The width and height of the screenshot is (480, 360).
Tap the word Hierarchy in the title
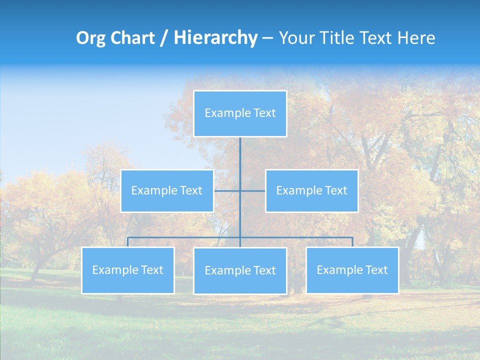(x=215, y=38)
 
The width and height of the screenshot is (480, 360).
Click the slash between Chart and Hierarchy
(x=163, y=38)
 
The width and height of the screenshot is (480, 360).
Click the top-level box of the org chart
(x=240, y=113)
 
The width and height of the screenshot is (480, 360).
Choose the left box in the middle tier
(x=167, y=191)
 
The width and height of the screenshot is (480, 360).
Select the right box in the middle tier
(x=311, y=191)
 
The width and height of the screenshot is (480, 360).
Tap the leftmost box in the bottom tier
(x=128, y=270)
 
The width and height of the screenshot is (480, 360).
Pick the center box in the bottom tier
(x=240, y=271)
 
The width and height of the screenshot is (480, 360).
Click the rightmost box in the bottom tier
(x=352, y=270)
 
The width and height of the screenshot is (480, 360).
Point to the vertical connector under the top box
(x=240, y=160)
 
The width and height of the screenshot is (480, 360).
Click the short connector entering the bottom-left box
(x=128, y=242)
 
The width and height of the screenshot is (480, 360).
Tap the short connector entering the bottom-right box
(x=352, y=242)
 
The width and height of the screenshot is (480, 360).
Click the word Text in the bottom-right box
(x=375, y=270)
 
